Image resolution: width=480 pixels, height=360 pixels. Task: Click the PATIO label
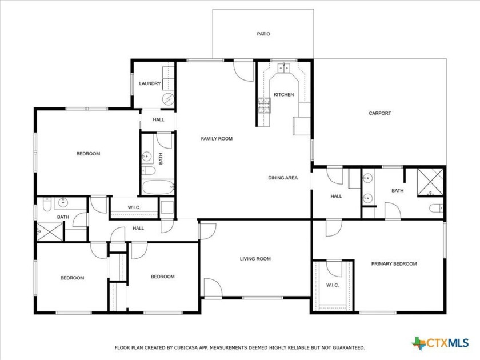(x=263, y=34)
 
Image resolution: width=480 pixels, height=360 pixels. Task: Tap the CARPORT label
(x=380, y=113)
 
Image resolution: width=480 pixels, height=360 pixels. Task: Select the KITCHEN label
(x=283, y=95)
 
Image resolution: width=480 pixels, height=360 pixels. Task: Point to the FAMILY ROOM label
(x=217, y=139)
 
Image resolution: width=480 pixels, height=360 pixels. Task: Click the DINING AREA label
(x=283, y=178)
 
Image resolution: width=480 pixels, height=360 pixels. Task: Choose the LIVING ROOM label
(x=255, y=259)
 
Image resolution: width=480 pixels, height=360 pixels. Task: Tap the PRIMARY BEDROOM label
(x=394, y=264)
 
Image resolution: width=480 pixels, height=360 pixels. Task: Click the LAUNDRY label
(x=150, y=84)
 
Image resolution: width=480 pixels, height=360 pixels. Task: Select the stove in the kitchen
(x=263, y=105)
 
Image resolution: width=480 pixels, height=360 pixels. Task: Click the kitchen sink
(x=283, y=69)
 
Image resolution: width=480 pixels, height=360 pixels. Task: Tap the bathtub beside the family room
(x=157, y=187)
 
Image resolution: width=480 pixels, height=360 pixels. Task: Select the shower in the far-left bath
(x=50, y=231)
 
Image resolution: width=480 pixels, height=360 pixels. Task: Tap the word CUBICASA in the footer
(x=185, y=347)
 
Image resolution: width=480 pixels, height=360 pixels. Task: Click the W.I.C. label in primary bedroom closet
(x=332, y=285)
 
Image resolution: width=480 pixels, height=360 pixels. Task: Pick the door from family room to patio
(x=244, y=70)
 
